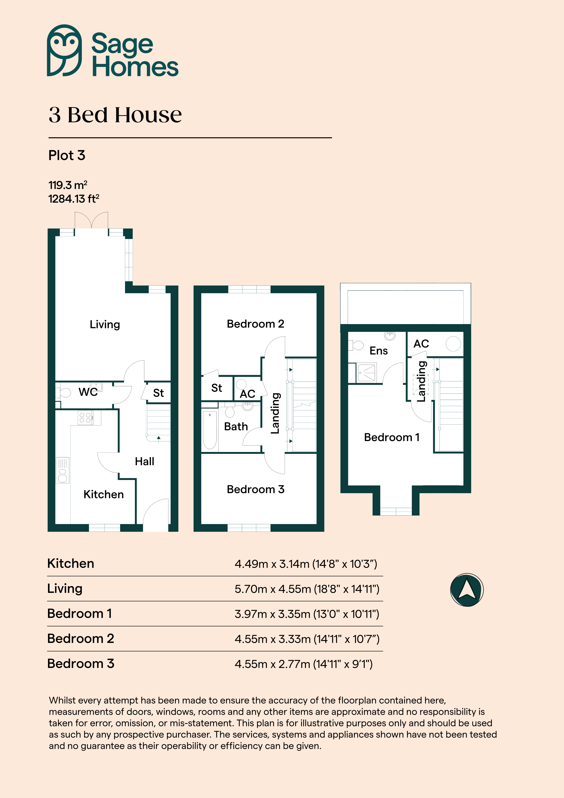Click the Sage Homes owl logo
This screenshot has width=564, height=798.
point(64,51)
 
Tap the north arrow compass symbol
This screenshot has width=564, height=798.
point(467,590)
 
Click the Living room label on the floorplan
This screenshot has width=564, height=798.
point(105,325)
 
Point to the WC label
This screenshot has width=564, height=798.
point(88,392)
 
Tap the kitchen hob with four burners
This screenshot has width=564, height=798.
point(85,417)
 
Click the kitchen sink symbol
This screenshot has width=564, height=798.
point(63,470)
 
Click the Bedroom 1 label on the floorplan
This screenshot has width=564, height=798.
point(392,437)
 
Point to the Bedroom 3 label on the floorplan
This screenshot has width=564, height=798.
point(255,489)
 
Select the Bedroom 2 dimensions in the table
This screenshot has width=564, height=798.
point(307,639)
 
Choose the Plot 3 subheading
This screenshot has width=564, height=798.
point(67,155)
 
